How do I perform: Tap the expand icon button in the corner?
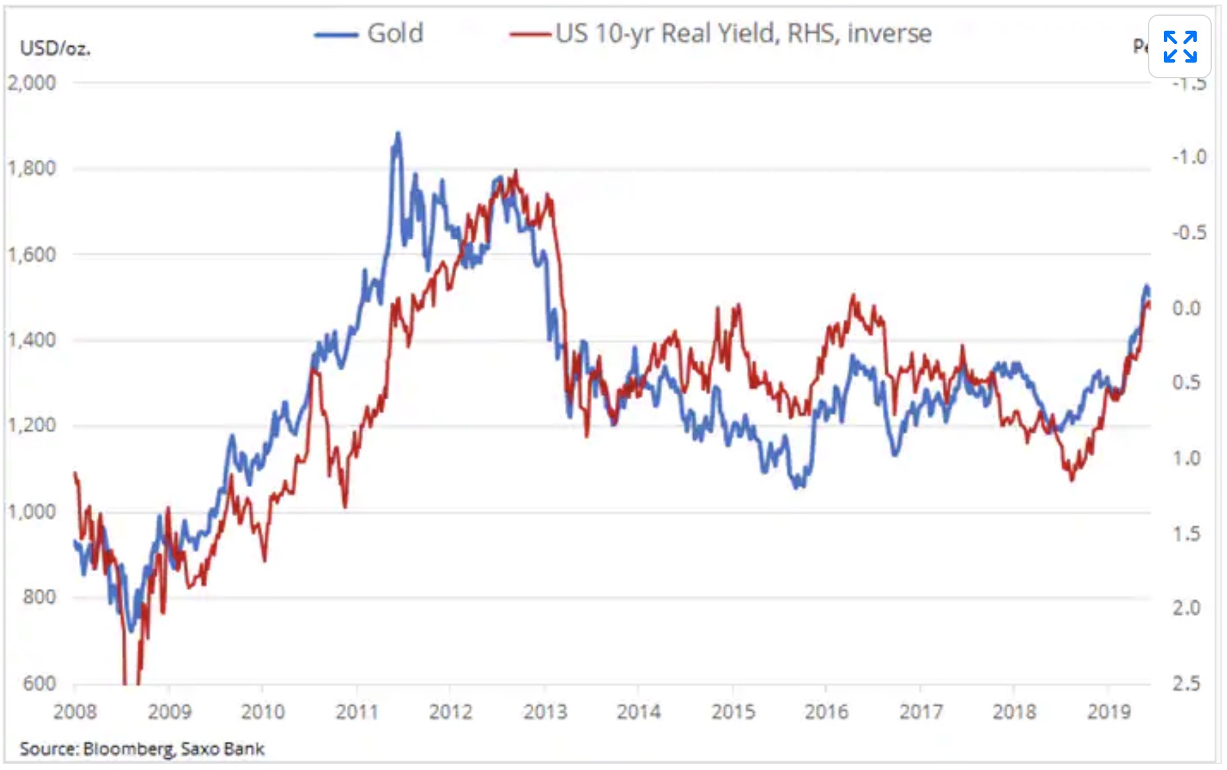[1180, 47]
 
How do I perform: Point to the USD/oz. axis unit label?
[55, 48]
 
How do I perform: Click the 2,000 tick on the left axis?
[32, 83]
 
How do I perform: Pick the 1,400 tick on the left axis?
[32, 340]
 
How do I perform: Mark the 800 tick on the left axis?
[39, 597]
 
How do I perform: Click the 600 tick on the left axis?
[39, 683]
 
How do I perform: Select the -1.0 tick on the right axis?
[1189, 157]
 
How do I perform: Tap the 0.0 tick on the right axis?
[1186, 308]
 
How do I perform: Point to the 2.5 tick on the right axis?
[1186, 683]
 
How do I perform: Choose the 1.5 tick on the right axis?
[1186, 534]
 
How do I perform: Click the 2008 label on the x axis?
[75, 711]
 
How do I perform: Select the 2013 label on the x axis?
[545, 711]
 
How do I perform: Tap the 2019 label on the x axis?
[1109, 711]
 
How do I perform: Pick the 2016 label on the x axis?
[827, 711]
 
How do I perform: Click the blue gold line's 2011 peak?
[397, 134]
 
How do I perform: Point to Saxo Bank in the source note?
[222, 749]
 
